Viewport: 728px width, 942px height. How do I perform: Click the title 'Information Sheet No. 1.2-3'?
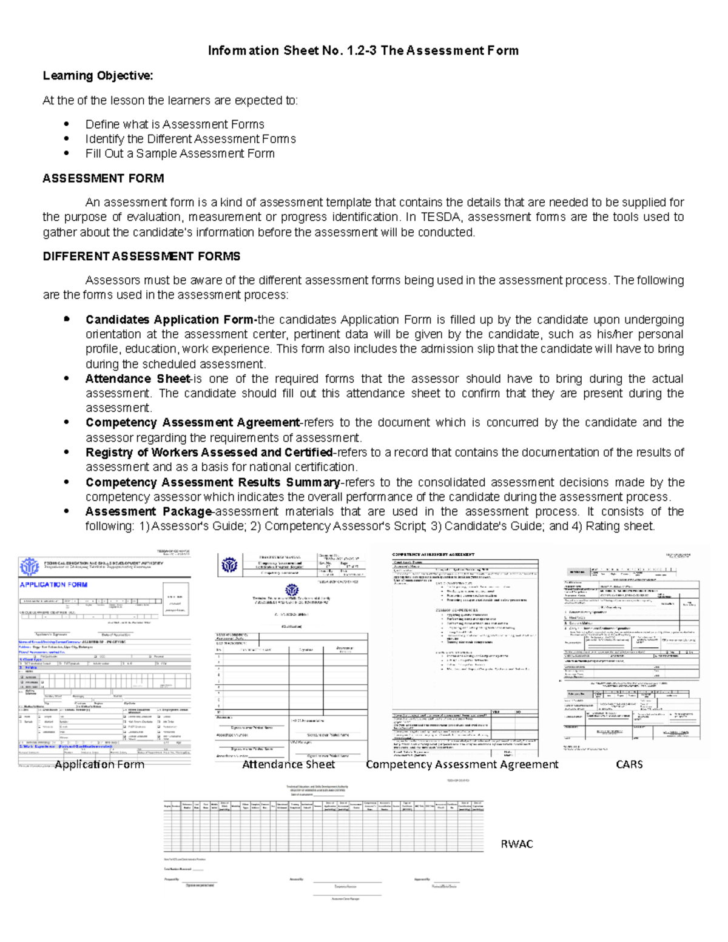292,50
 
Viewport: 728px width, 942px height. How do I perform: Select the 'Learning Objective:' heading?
98,76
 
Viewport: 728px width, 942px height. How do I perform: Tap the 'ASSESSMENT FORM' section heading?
103,178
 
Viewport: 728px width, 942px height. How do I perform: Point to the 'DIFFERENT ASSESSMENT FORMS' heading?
141,257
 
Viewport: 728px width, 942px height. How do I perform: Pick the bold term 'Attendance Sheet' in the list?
138,379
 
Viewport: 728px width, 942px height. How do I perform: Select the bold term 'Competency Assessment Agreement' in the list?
192,423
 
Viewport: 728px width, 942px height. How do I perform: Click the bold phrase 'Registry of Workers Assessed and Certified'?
209,452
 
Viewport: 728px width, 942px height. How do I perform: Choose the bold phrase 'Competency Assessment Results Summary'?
212,482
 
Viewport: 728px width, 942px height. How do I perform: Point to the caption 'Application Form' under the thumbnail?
99,764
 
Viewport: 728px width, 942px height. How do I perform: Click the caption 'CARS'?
629,764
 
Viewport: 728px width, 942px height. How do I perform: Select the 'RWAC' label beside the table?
516,844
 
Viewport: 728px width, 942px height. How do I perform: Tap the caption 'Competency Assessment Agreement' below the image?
462,764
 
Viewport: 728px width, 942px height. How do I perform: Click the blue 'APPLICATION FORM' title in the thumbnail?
53,585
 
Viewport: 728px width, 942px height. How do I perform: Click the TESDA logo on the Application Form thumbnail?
29,567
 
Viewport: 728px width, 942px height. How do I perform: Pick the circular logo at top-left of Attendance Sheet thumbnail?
229,565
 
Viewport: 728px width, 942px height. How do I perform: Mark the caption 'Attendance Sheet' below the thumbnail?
288,764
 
